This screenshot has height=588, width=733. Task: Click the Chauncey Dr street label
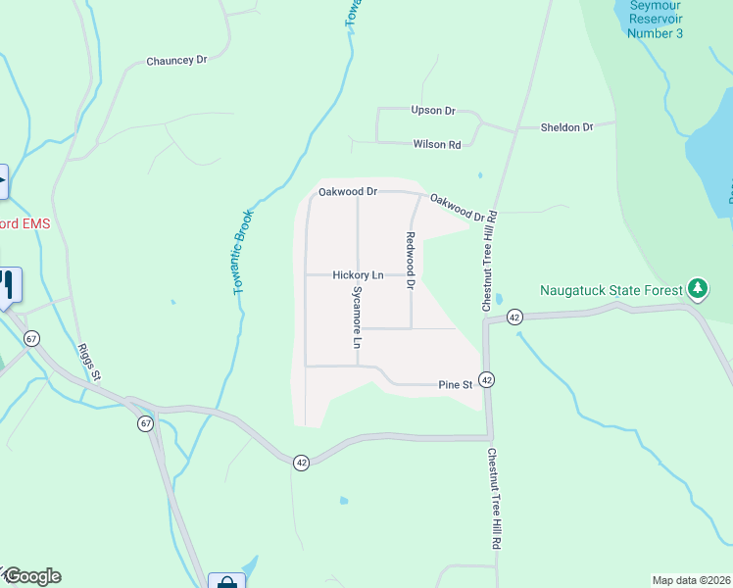click(x=177, y=60)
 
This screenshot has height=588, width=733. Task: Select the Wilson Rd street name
click(x=437, y=144)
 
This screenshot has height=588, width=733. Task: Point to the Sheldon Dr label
click(x=568, y=127)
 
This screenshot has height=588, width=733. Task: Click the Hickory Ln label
click(x=358, y=275)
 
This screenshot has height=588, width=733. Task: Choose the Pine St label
click(x=456, y=385)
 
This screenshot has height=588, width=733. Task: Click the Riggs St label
click(x=88, y=361)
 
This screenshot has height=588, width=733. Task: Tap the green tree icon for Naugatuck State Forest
click(x=697, y=288)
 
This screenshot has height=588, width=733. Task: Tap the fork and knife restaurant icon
click(x=8, y=284)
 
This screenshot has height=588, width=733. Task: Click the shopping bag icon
click(x=226, y=583)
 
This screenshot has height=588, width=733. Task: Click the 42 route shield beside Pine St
click(x=487, y=379)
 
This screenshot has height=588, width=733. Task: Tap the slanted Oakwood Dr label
click(x=458, y=208)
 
